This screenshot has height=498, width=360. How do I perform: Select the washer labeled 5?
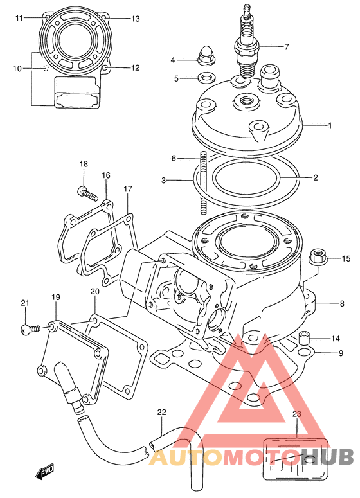click(x=205, y=77)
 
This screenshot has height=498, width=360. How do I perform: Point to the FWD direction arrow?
click(x=45, y=471)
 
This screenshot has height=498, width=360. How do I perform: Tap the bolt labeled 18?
click(x=87, y=193)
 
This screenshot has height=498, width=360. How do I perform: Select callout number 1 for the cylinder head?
click(x=330, y=125)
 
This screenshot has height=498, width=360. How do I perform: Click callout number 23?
click(x=296, y=414)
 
